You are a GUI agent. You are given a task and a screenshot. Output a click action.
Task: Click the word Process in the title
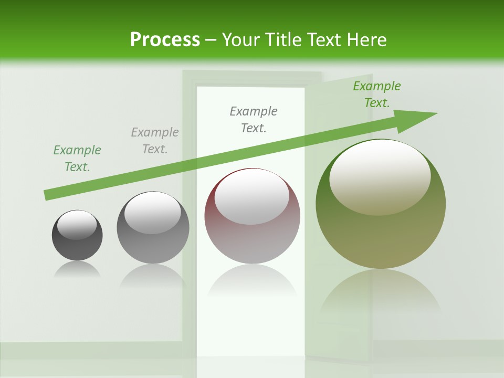pyautogui.click(x=165, y=39)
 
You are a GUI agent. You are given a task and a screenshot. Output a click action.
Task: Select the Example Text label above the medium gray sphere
pyautogui.click(x=155, y=141)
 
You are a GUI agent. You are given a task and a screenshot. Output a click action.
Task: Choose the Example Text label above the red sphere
pyautogui.click(x=254, y=120)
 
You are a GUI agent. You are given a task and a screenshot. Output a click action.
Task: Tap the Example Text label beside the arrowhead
pyautogui.click(x=377, y=94)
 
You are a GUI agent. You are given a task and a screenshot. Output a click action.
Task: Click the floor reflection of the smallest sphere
pyautogui.click(x=77, y=270)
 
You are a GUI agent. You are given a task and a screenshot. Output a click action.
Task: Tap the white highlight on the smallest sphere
pyautogui.click(x=77, y=225)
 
